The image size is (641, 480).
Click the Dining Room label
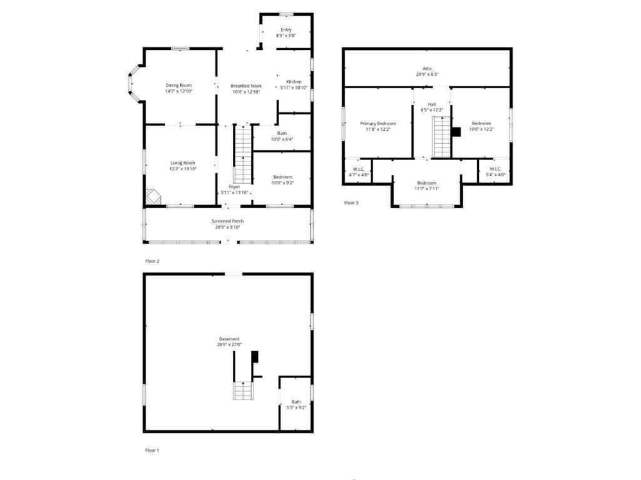(178, 85)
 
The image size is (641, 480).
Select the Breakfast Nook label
(245, 85)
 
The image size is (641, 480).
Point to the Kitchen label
(294, 82)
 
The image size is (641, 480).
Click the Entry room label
(286, 29)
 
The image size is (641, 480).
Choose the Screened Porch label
(227, 221)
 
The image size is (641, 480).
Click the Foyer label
(234, 186)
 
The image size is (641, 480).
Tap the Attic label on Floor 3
(427, 68)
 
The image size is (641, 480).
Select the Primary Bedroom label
(377, 123)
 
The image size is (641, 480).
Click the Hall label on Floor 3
(431, 104)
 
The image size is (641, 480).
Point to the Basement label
(228, 339)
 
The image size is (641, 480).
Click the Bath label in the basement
(295, 401)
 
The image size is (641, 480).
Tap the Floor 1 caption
(152, 450)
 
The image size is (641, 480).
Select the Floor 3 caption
(351, 202)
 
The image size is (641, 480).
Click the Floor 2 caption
(152, 260)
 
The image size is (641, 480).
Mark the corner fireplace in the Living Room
(153, 197)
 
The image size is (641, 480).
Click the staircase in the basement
(242, 391)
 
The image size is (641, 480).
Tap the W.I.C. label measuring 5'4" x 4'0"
(495, 168)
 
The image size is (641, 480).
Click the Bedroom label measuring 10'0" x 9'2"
(282, 176)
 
